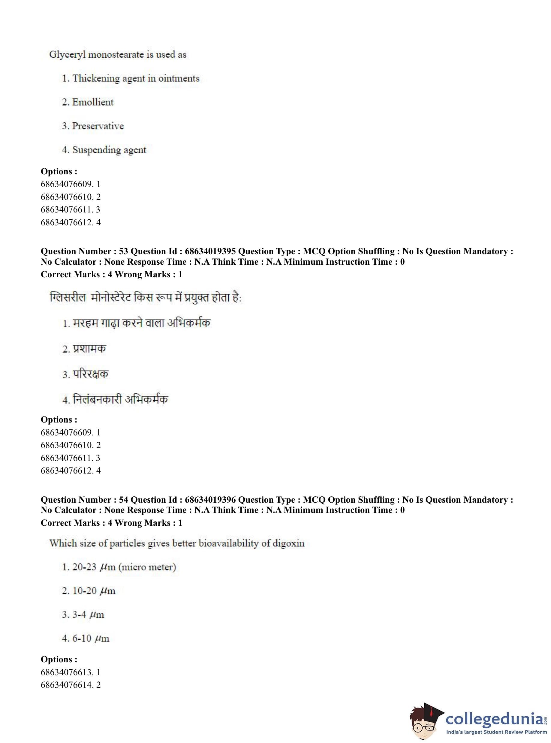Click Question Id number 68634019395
click(210, 251)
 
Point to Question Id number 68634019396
click(210, 500)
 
